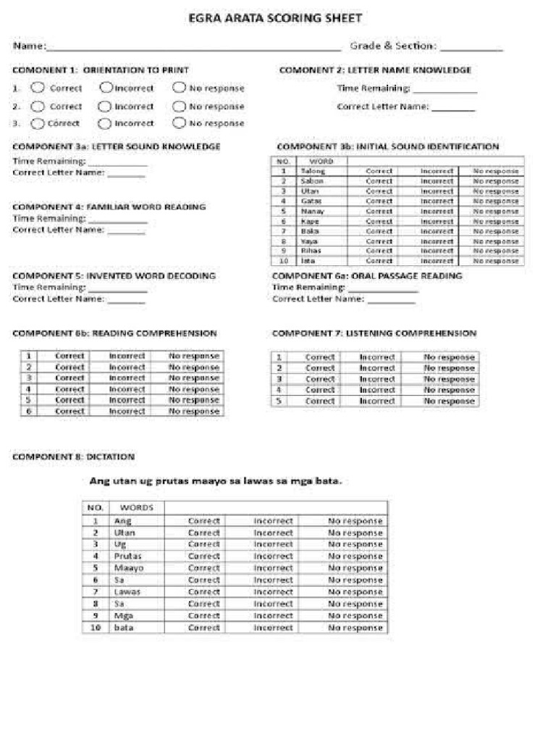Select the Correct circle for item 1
[38, 88]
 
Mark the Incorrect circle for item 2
[105, 106]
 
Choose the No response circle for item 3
[179, 123]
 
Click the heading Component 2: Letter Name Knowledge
[375, 70]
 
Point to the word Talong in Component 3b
[313, 171]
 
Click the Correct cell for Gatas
[379, 201]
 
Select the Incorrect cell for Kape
[437, 221]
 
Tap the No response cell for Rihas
[495, 250]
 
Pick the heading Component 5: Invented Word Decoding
[114, 276]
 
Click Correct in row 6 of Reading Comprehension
[70, 411]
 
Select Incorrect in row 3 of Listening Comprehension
[377, 379]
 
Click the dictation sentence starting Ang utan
[215, 480]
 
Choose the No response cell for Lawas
[355, 592]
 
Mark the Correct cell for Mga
[203, 616]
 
